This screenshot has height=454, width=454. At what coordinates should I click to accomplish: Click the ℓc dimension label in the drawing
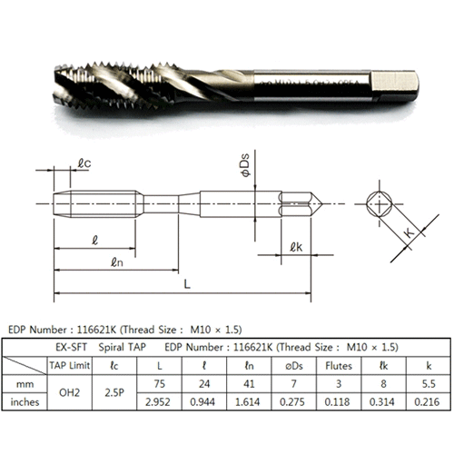[x=84, y=163]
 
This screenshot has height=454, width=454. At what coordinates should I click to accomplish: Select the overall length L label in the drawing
[x=187, y=284]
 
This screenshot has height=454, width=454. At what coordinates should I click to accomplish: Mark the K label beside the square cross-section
[x=410, y=233]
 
